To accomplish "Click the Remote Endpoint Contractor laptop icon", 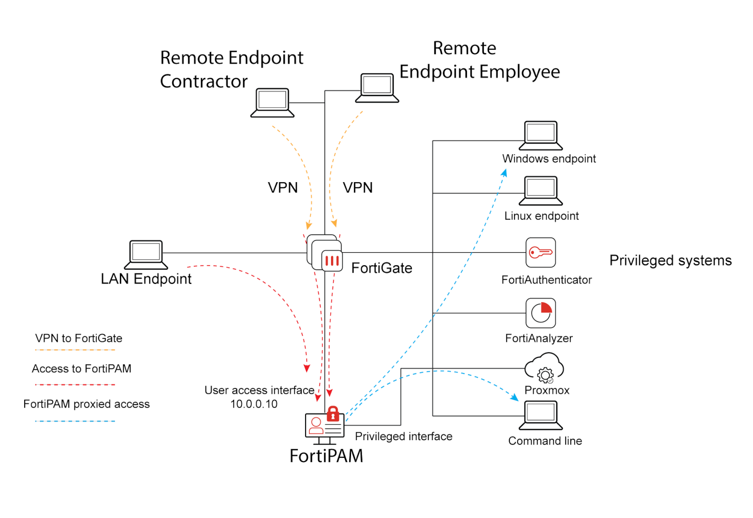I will coord(272,103).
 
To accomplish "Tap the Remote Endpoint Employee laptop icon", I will coord(377,88).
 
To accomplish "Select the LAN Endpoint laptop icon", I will coord(146,254).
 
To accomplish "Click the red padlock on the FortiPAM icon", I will coord(332,414).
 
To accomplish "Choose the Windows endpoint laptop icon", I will coord(541,135).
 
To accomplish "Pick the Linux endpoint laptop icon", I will coord(541,190).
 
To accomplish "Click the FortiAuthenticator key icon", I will coord(541,252).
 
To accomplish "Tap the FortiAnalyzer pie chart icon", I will coord(541,313).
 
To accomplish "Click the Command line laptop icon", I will coord(541,415).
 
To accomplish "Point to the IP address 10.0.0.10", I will coord(254,404).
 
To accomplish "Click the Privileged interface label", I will coord(403,436).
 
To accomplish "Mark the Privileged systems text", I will coord(670,261).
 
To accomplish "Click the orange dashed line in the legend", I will coord(75,350).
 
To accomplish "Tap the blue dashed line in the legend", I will coord(75,421).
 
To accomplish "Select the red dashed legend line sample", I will coord(75,384).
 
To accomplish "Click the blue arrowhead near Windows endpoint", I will coord(504,173).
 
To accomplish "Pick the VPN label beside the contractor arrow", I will coord(283,188).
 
